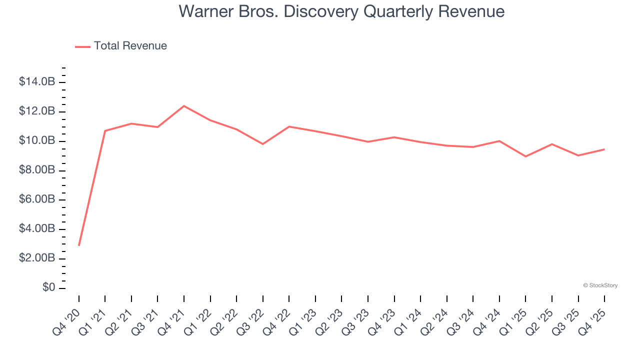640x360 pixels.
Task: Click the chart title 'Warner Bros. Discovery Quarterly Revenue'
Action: pos(341,11)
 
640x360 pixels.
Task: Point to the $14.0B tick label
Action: pos(37,82)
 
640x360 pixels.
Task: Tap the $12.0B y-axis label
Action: pos(37,111)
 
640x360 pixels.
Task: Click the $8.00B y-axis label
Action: pos(37,170)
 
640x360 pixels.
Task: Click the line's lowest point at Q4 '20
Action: pos(79,245)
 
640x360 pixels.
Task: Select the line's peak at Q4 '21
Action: pos(184,106)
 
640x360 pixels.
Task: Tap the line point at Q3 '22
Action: pos(263,144)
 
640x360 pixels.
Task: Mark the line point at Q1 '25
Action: pos(525,156)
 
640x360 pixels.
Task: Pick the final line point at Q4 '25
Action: pos(604,149)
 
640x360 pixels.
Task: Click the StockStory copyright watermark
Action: pos(600,285)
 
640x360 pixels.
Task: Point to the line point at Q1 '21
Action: pos(105,131)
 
